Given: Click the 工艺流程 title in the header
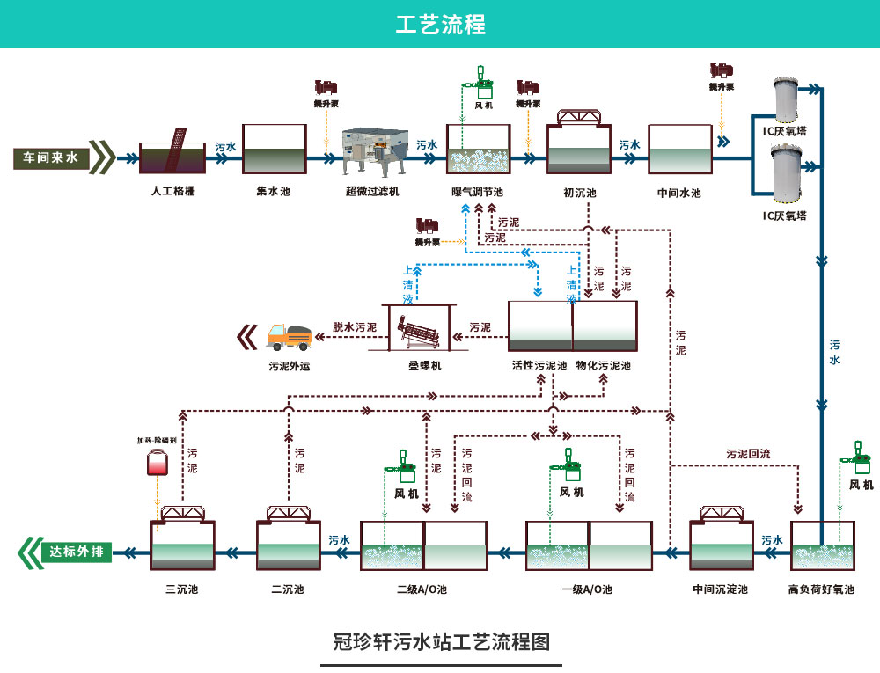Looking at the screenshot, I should [x=440, y=24].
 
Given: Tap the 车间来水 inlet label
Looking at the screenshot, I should [x=50, y=158].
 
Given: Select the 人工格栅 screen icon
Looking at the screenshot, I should [x=172, y=153].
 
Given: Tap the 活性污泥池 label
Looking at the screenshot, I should [x=539, y=365].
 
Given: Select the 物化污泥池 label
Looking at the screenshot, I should [x=604, y=365].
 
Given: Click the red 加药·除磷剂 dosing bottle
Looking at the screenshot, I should [x=158, y=462].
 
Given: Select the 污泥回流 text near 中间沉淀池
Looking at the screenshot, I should [x=748, y=454].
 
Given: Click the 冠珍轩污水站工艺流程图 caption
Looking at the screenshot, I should [x=441, y=641].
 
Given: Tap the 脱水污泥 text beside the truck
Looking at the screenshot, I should [x=355, y=326].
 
